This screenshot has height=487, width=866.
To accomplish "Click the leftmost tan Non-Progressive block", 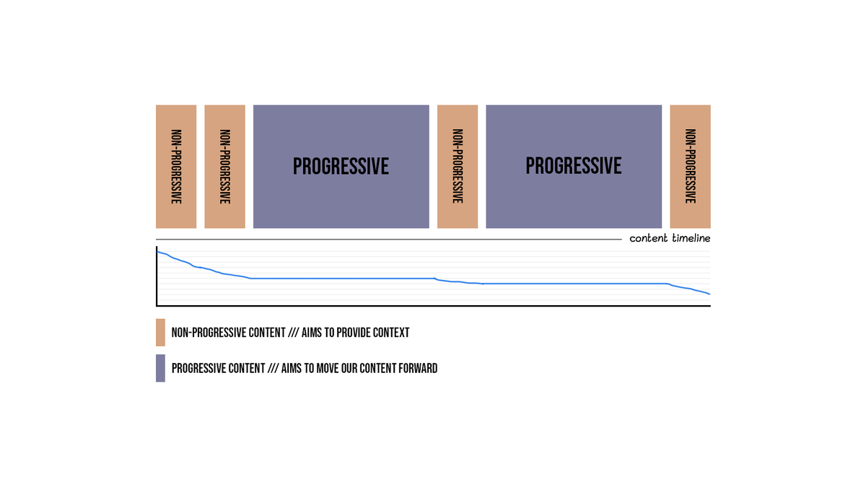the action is point(176,167).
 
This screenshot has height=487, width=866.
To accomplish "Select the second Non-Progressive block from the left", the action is point(224,167).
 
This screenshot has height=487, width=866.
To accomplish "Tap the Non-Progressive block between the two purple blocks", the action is point(458,167).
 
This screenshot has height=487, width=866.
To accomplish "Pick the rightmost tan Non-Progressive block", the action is point(690,167).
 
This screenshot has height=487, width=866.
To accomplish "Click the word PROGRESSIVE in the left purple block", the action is point(341,167).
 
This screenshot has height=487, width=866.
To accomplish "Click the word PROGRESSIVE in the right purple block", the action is point(574,166).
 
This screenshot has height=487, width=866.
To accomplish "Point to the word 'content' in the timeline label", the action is point(648,239).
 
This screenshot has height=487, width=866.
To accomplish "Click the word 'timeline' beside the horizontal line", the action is point(691,239).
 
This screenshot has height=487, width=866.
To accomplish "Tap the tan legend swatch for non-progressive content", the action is point(160,333).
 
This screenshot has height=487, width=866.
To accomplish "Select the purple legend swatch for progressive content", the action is point(160,368).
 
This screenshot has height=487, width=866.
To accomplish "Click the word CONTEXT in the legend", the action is point(389,333).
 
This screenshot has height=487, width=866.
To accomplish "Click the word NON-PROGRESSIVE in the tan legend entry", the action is point(204,333).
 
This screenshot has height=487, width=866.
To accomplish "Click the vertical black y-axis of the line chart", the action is point(157,278).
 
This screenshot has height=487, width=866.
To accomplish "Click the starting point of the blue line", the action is point(158,251).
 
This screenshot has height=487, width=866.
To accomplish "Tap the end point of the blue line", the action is point(709,294).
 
